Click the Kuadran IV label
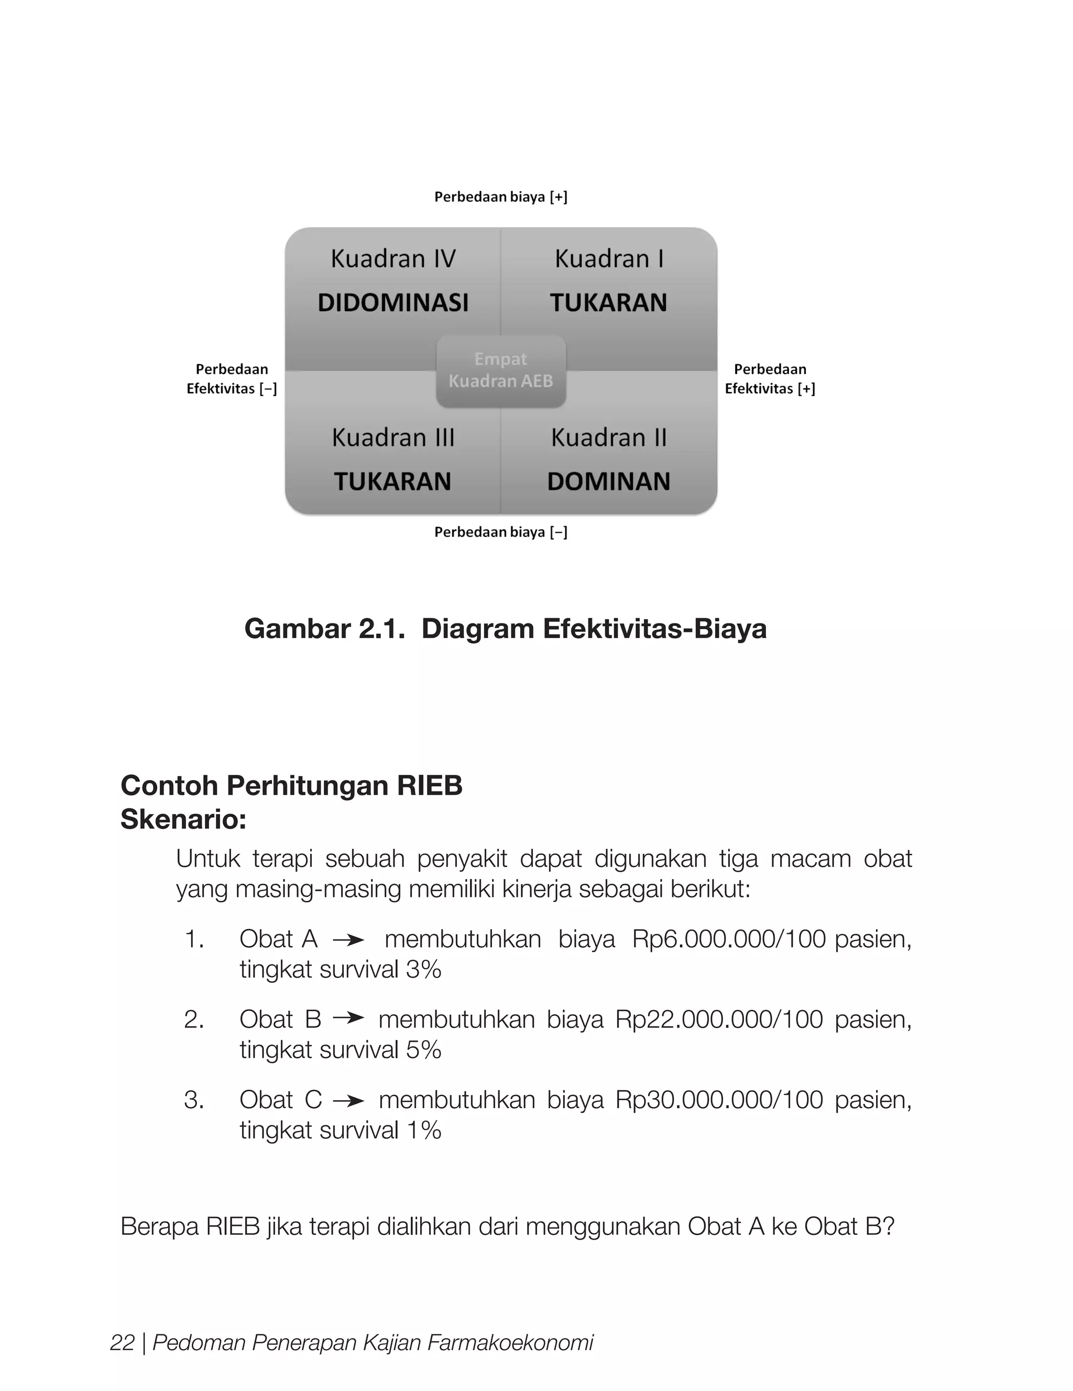(393, 259)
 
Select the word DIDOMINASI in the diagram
(393, 302)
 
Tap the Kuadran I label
(609, 259)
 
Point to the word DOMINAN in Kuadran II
(609, 481)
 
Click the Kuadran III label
(393, 437)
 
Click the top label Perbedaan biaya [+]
(500, 197)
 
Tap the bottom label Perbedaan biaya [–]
(500, 532)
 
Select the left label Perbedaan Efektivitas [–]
(232, 379)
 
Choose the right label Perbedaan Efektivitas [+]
(770, 379)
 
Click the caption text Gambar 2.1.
(325, 629)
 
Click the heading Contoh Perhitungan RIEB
(291, 785)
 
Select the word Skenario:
(183, 819)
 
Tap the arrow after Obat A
(348, 940)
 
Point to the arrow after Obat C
(348, 1101)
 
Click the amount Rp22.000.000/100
(718, 1020)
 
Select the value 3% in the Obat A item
(423, 969)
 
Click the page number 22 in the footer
(122, 1343)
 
